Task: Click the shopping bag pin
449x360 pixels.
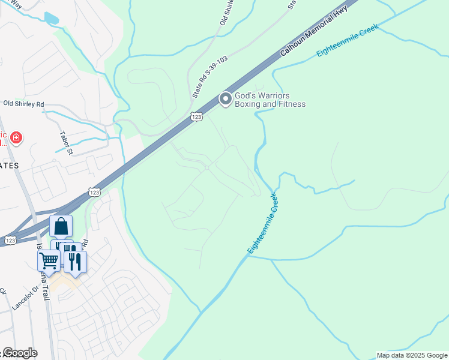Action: click(x=61, y=226)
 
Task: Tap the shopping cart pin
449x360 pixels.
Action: click(x=49, y=260)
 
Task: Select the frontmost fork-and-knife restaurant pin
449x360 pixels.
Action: click(x=75, y=262)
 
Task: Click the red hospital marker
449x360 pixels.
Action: click(x=16, y=139)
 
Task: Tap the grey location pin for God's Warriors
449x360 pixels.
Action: click(x=226, y=99)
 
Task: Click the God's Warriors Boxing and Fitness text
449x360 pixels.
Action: click(x=270, y=100)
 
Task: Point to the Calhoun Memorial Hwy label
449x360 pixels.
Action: click(x=314, y=32)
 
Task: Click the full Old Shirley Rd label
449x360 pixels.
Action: click(x=24, y=104)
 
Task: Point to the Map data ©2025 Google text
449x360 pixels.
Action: click(x=411, y=355)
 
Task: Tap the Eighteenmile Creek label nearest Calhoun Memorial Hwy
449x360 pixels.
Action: click(x=348, y=41)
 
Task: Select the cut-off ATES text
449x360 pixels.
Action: click(x=10, y=165)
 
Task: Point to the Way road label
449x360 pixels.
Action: click(x=16, y=4)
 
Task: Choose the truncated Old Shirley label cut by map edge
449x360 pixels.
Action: click(x=227, y=12)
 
